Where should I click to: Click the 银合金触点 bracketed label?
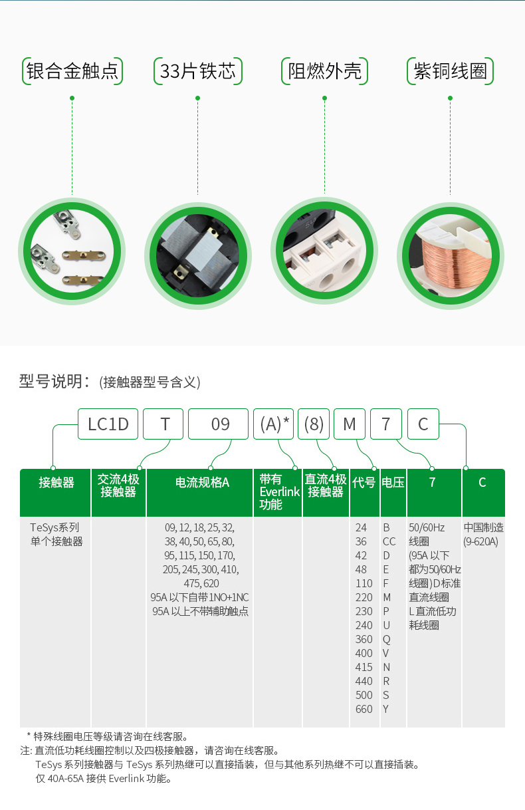72,71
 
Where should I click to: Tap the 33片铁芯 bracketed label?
197,71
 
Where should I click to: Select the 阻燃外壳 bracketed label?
324,71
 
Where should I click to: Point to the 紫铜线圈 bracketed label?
450,71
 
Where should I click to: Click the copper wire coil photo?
451,255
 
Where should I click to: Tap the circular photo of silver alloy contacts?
72,251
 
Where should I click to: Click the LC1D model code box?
108,424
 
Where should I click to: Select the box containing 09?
218,424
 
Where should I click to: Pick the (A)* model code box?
274,424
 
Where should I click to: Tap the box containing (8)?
314,424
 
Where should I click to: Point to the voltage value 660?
364,709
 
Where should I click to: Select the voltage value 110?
364,583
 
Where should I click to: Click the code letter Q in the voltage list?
386,640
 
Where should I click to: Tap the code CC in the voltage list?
389,541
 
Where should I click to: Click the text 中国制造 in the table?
483,527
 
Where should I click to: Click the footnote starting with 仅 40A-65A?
104,779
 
